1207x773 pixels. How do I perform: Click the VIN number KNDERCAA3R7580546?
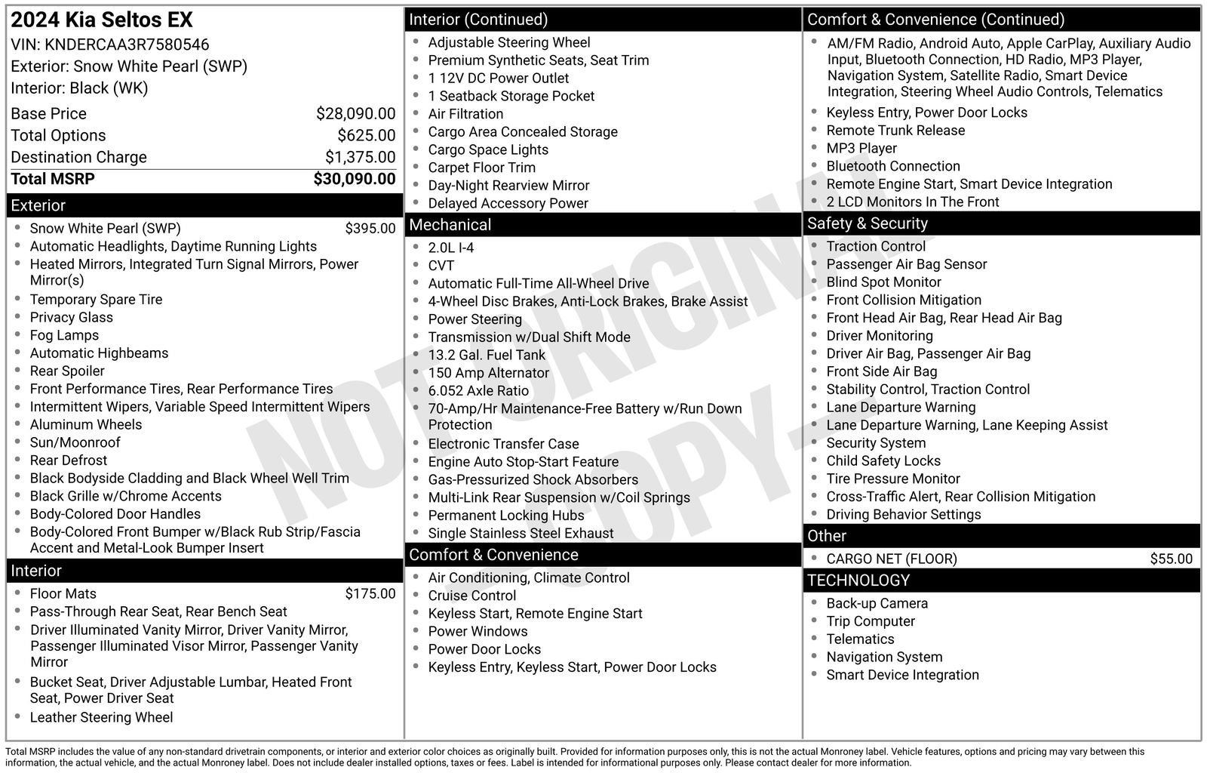click(127, 45)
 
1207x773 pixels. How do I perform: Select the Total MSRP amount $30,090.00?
click(354, 179)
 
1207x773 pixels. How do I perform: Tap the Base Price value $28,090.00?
click(355, 113)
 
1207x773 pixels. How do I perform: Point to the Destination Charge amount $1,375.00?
click(360, 157)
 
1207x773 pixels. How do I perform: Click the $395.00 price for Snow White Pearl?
click(370, 228)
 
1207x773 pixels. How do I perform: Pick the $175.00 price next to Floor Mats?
click(370, 593)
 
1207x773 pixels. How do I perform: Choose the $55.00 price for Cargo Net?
click(1171, 559)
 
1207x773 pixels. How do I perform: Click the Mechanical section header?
click(450, 225)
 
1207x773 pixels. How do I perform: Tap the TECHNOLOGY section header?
click(858, 581)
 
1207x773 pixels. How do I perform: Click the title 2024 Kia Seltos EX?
click(102, 20)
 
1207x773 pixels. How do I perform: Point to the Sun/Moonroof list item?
click(75, 442)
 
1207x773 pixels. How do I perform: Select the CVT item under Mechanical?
click(441, 266)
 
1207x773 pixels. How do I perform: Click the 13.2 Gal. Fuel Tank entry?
click(487, 355)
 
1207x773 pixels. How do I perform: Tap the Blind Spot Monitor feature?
click(883, 282)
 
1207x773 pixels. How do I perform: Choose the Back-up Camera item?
click(877, 603)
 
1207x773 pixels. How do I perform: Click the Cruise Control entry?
click(472, 596)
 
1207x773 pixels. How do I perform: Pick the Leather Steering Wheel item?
click(101, 717)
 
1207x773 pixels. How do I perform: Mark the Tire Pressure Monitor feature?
click(892, 479)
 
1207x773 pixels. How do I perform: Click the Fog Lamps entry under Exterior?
click(64, 335)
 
